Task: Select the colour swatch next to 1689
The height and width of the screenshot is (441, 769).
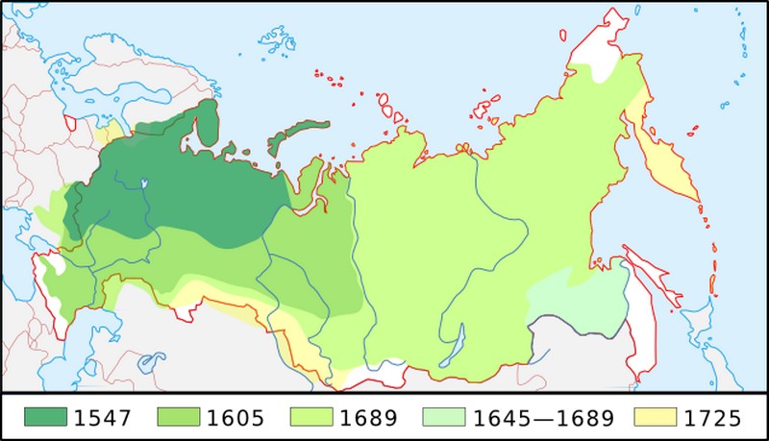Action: pos(310,417)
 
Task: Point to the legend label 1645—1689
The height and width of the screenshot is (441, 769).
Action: pos(542,417)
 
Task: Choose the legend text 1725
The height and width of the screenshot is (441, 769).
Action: pos(715,417)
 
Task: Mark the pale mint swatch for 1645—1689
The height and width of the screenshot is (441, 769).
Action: pos(444,417)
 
